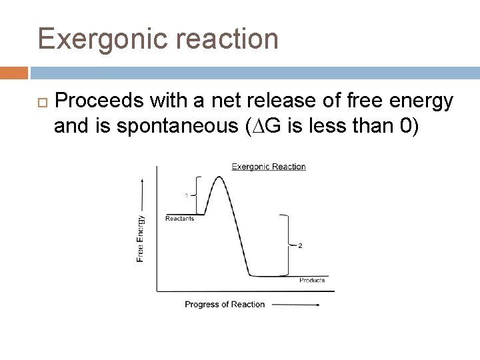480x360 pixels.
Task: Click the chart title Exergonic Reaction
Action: pos(268,167)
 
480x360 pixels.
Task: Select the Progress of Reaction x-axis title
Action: pos(224,305)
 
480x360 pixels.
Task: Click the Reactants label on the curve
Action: pos(179,219)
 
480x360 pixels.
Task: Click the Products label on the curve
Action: pos(311,281)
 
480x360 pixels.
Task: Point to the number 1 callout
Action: pos(187,195)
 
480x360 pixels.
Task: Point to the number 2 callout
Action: pos(300,245)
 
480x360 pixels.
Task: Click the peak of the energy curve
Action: pos(217,178)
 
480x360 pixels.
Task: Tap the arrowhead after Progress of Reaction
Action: pos(318,305)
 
